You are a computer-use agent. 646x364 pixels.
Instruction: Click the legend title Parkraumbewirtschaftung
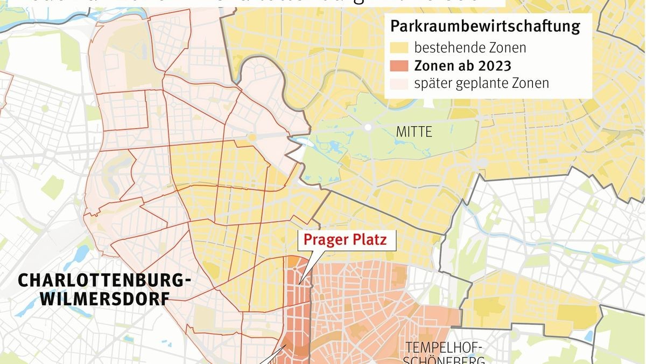point(485,26)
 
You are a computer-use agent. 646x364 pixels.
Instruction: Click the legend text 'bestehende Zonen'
point(470,47)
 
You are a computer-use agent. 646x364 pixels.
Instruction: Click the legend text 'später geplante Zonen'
point(481,84)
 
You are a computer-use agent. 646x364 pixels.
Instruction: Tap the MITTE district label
point(413,132)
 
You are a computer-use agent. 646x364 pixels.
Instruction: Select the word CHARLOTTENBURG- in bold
point(104,281)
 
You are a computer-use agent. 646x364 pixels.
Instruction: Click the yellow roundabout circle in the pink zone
point(251,138)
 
